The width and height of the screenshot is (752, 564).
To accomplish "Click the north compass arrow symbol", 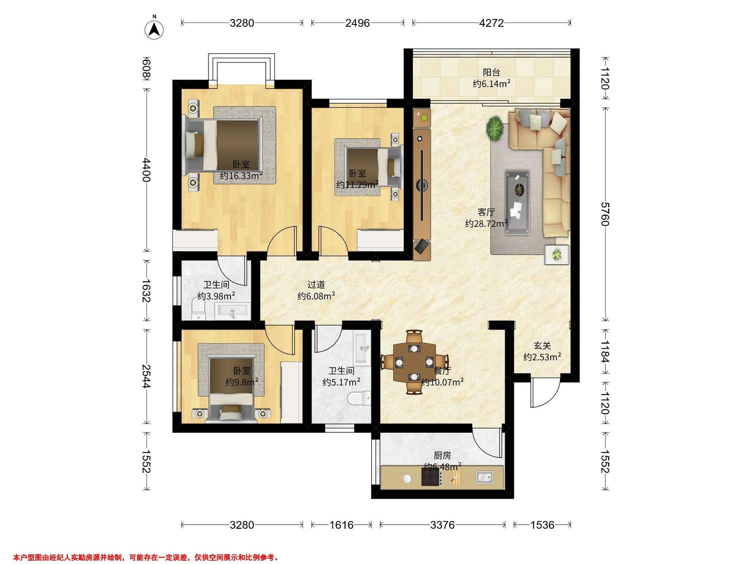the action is click(154, 30).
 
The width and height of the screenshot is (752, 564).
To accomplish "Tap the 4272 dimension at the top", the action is click(491, 23).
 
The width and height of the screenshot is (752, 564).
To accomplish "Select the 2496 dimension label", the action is click(357, 23).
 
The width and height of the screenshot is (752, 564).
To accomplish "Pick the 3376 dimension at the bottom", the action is click(442, 525).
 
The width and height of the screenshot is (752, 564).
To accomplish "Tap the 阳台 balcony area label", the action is click(492, 72).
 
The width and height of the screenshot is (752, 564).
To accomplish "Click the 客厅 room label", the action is click(486, 212).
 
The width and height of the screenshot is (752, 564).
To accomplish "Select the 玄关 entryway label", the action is click(542, 346).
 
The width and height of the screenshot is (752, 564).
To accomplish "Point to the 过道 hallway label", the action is click(316, 285).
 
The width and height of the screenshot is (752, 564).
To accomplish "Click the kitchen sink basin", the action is click(484, 478).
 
